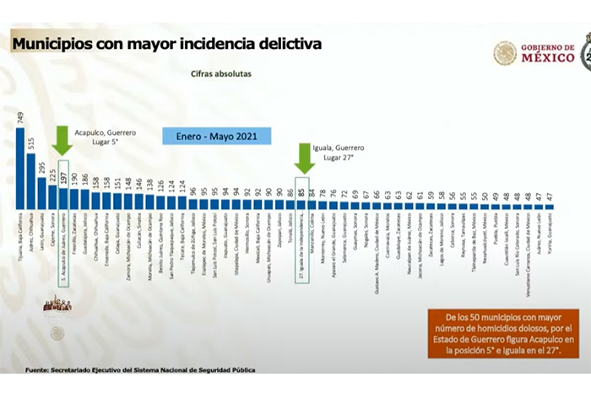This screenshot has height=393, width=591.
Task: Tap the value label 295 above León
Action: [x=42, y=167]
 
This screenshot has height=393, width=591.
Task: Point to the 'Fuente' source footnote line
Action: [x=139, y=370]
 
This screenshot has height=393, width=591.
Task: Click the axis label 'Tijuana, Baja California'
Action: [x=21, y=241]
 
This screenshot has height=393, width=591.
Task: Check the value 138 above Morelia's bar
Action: [x=149, y=182]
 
